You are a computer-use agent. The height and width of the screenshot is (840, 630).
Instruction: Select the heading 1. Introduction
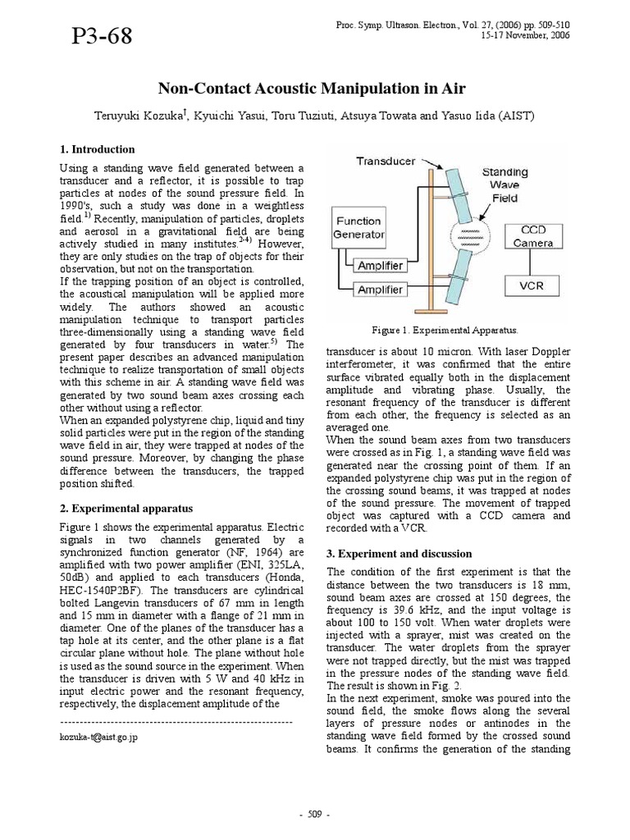(98, 149)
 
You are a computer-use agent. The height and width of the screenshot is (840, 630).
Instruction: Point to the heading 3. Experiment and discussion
(399, 553)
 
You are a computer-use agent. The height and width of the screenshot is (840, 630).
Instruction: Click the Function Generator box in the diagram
(359, 228)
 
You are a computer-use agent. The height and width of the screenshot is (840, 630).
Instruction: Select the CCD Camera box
(532, 236)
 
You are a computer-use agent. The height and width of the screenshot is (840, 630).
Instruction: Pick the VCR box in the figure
(532, 286)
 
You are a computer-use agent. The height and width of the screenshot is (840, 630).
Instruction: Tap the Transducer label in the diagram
(386, 162)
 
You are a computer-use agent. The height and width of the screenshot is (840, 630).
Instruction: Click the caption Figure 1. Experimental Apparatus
(445, 329)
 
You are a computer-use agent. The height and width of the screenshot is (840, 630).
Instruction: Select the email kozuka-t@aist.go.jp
(99, 737)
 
